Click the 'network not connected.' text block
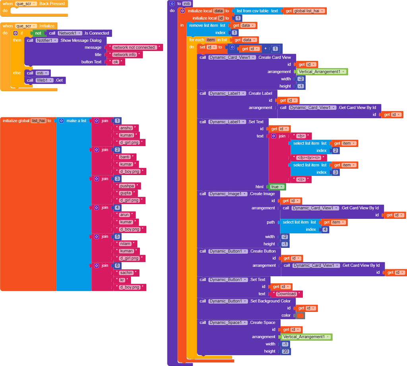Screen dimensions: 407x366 coord(134,47)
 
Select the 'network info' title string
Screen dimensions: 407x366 coord(124,55)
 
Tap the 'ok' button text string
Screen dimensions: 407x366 coord(116,62)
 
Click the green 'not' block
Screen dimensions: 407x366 coord(38,33)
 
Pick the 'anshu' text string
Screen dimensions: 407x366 coord(126,128)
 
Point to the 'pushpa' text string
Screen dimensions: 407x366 coord(127,186)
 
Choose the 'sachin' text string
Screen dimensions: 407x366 coord(126,273)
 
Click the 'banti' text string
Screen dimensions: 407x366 coord(125,157)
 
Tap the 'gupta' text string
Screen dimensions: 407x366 coord(125,193)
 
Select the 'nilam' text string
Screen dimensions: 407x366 coord(125,243)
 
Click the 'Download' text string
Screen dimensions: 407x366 coord(286,294)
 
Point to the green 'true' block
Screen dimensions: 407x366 coord(277,187)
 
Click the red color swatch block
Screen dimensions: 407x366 coord(300,315)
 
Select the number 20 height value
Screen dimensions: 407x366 coord(285,351)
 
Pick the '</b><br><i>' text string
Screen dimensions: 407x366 coord(308,158)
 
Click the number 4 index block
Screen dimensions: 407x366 coord(325,230)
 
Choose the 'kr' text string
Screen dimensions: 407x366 coord(122,280)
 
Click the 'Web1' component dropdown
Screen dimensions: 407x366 coord(44,80)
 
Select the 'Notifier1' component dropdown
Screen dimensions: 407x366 coord(47,41)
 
